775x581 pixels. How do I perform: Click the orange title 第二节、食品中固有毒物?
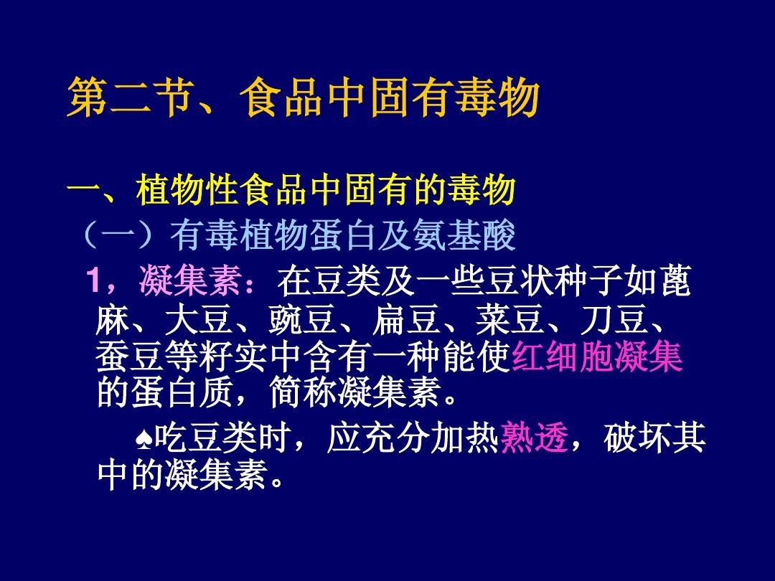(x=303, y=98)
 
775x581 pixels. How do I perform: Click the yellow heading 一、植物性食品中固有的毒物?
(x=291, y=189)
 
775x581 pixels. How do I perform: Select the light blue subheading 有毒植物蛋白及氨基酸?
(x=342, y=235)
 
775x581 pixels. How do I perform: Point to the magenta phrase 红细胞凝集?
(x=597, y=356)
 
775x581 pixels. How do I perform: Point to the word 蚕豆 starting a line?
(x=129, y=356)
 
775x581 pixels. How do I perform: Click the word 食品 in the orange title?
(x=281, y=98)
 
